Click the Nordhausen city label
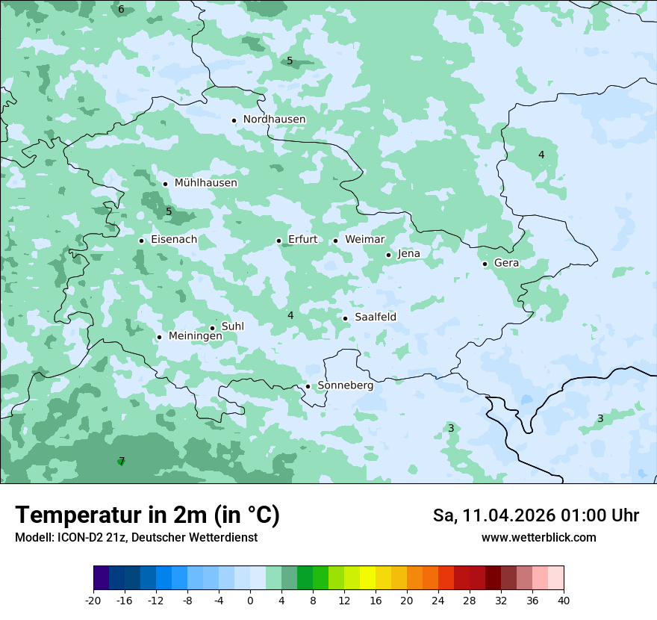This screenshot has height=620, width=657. (274, 120)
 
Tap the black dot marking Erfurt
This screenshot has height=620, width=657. (278, 241)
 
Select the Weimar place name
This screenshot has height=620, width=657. (364, 240)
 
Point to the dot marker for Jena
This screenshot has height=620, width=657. (388, 255)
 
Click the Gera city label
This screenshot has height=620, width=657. (506, 263)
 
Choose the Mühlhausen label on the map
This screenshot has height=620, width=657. (205, 183)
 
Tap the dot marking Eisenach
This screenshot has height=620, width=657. (141, 241)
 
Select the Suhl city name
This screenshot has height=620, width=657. (232, 326)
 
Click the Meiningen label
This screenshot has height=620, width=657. (195, 336)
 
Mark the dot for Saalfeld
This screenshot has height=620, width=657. (345, 318)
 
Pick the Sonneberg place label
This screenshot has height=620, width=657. (345, 385)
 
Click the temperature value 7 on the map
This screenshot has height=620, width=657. (122, 461)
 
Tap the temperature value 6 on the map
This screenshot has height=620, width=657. (121, 9)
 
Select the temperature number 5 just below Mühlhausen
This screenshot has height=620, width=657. (169, 211)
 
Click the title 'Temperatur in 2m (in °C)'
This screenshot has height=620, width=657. (147, 515)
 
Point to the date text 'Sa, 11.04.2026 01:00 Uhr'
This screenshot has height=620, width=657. (535, 515)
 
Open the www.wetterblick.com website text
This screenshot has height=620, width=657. (538, 538)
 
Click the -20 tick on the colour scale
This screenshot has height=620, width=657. (93, 601)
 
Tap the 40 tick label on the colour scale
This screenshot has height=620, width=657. (563, 601)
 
